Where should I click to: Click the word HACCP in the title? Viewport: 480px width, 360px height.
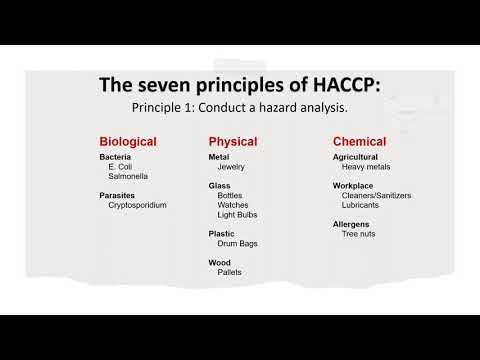click(x=339, y=85)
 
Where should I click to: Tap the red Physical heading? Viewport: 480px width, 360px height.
click(x=233, y=141)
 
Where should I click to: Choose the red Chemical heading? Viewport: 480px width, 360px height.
click(x=359, y=141)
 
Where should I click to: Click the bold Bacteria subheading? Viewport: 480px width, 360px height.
click(x=115, y=157)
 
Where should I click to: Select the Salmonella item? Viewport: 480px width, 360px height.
click(x=129, y=176)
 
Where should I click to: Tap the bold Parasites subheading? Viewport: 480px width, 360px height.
click(x=118, y=195)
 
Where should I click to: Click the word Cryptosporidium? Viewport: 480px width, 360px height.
click(x=138, y=205)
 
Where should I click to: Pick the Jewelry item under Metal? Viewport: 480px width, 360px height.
click(x=231, y=167)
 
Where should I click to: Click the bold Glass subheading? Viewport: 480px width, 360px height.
click(x=219, y=186)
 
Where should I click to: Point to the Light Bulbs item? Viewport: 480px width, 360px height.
click(x=236, y=215)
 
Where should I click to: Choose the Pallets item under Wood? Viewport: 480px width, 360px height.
click(x=229, y=272)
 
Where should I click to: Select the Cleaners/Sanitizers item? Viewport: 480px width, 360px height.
click(x=376, y=196)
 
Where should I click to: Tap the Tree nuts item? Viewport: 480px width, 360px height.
click(x=358, y=234)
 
